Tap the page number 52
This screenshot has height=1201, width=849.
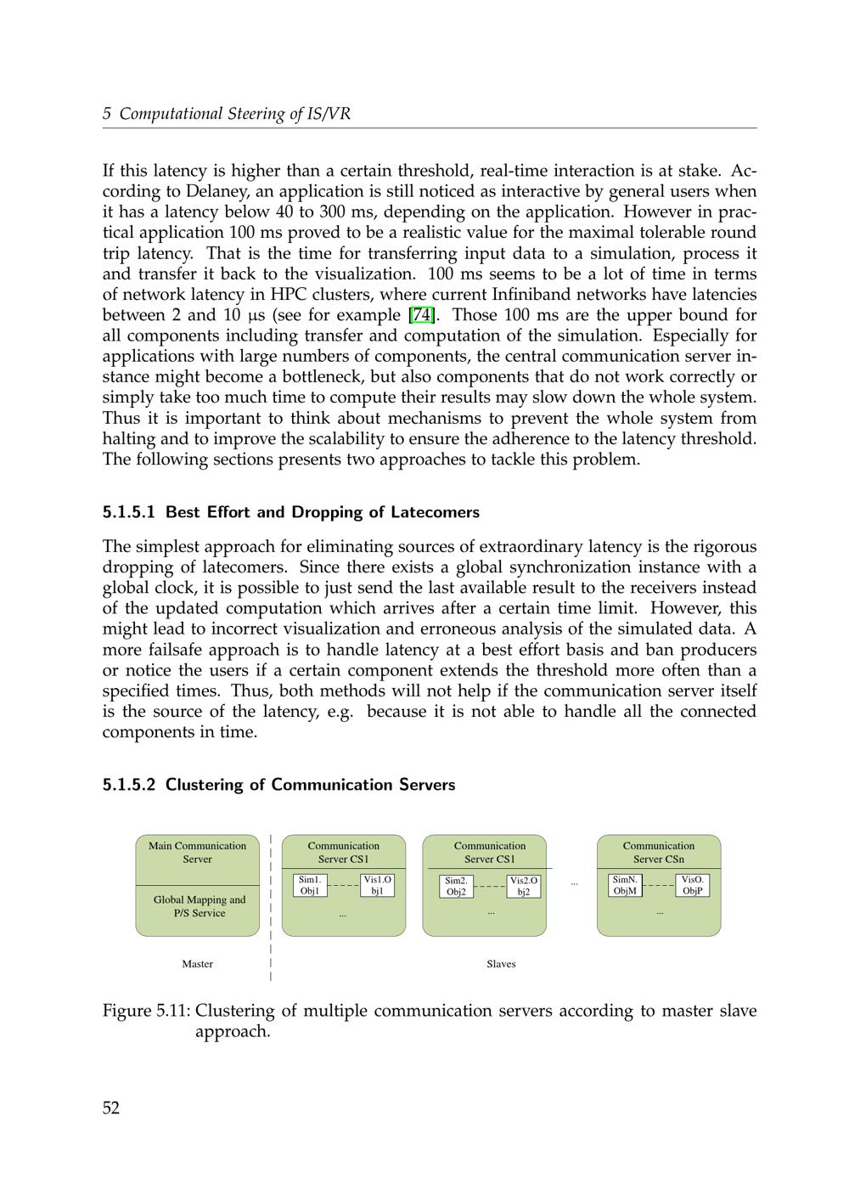(111, 1108)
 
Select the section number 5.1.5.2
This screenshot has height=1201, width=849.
(129, 785)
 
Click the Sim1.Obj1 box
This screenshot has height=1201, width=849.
(310, 886)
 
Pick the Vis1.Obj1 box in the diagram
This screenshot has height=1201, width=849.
(378, 886)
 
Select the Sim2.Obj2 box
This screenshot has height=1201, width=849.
(456, 887)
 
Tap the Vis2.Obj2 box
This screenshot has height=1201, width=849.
(524, 887)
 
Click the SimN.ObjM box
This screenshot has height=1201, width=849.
(626, 886)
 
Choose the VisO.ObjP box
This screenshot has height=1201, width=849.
(693, 886)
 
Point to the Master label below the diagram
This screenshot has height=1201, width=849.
(197, 964)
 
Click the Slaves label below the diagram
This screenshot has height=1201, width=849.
(501, 964)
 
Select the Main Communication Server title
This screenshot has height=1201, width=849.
(197, 853)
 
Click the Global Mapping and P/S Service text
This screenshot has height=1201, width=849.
(200, 906)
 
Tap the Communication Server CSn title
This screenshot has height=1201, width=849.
(659, 853)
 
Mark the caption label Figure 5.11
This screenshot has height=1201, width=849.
(146, 1011)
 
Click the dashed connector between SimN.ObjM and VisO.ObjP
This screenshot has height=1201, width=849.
(659, 886)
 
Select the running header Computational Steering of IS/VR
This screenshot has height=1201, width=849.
(234, 114)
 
